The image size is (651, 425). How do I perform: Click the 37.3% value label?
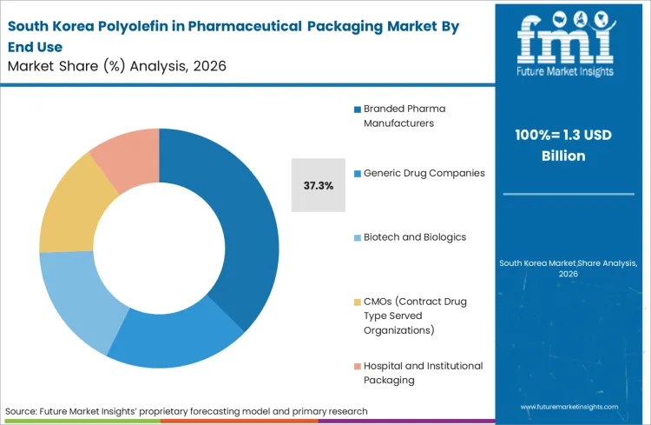point(317,185)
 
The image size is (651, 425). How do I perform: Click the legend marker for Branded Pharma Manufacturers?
point(357,110)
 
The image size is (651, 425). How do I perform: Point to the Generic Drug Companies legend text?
point(424,172)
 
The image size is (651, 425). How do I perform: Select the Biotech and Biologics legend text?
point(415,236)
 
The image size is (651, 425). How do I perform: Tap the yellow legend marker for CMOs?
point(357,302)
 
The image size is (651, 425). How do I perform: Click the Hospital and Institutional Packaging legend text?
point(423,372)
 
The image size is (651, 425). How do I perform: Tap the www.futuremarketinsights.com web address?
point(570,406)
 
